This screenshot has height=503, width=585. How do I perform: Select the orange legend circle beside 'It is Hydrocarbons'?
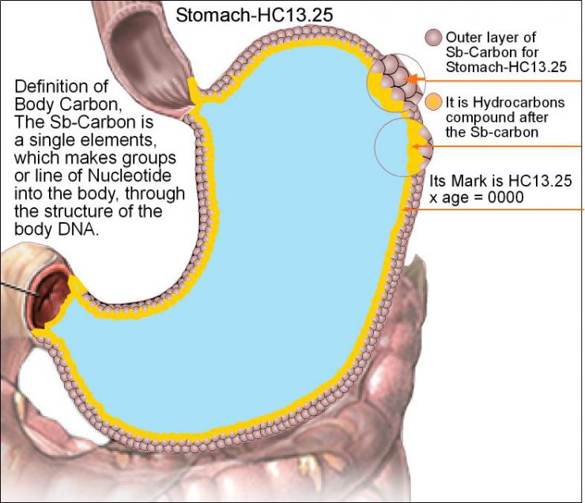tap(433, 103)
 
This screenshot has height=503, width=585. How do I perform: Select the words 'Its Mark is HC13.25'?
tap(499, 180)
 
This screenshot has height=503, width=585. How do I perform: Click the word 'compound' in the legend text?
tap(475, 118)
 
